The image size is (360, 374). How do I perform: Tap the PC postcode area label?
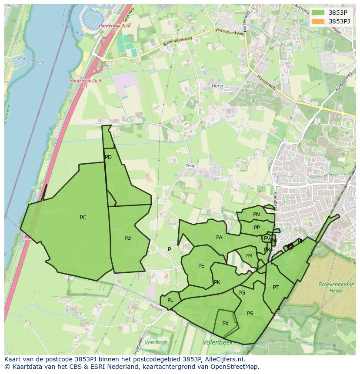(83, 218)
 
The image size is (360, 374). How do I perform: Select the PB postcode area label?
(127, 238)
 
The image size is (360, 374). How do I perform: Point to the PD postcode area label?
(108, 157)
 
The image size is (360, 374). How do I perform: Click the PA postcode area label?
(219, 238)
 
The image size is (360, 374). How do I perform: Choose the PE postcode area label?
(201, 266)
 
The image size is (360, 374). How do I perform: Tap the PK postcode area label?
(217, 282)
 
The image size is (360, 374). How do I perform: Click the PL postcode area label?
(170, 300)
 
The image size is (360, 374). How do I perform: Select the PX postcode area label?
(225, 324)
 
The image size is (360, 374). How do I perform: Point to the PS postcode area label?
(250, 314)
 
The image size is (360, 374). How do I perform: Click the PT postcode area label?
(276, 288)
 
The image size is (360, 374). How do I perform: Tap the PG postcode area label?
(242, 293)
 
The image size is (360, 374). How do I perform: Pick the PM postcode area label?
(249, 256)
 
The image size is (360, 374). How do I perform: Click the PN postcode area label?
(257, 215)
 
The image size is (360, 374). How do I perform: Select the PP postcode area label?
(257, 228)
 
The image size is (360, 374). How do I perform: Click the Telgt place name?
(191, 166)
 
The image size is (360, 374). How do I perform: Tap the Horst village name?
(217, 86)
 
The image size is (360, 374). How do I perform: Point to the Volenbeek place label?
(217, 343)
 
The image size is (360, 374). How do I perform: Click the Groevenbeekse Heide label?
(332, 287)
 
